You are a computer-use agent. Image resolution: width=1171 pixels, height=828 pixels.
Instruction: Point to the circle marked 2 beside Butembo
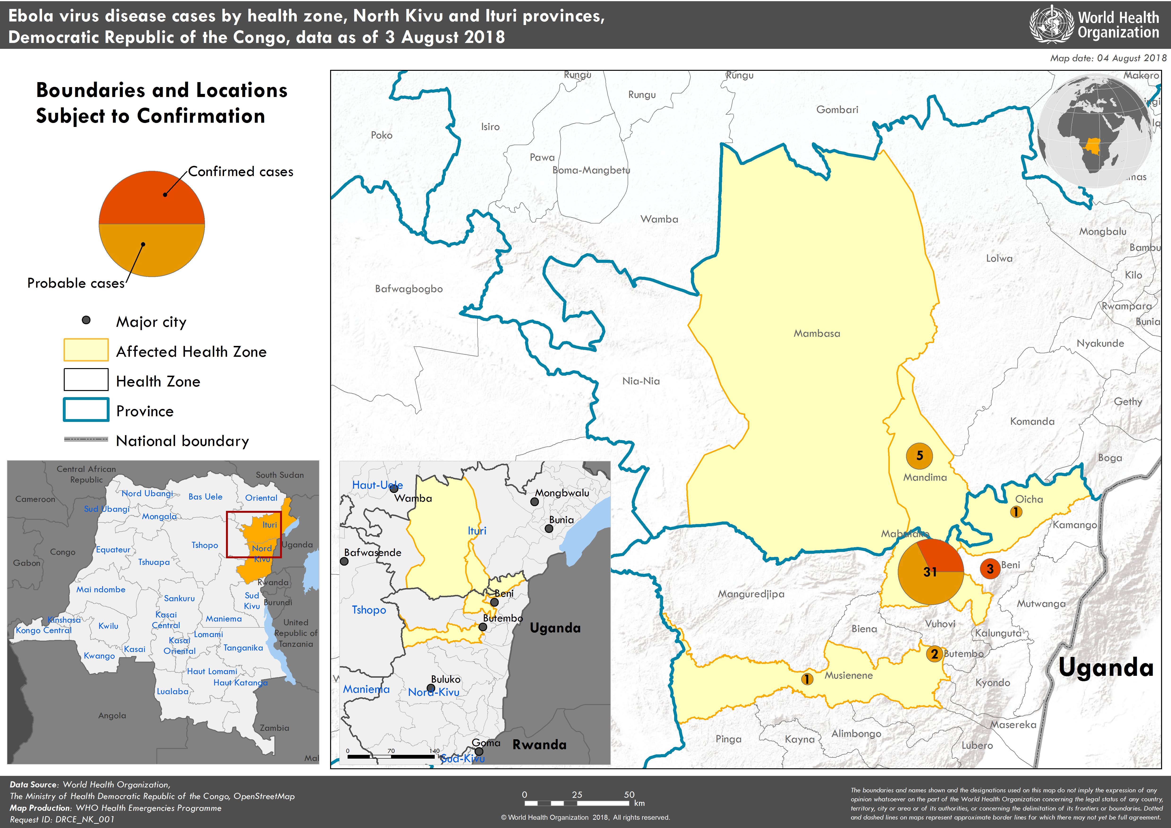tap(934, 654)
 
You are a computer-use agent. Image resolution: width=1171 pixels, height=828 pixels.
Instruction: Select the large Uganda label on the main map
tap(1106, 667)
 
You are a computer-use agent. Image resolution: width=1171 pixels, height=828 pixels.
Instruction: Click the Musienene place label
tap(848, 676)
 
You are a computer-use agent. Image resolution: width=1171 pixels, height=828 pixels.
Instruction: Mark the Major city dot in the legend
tap(86, 320)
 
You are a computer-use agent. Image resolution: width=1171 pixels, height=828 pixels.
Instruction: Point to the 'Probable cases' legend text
tap(76, 283)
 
